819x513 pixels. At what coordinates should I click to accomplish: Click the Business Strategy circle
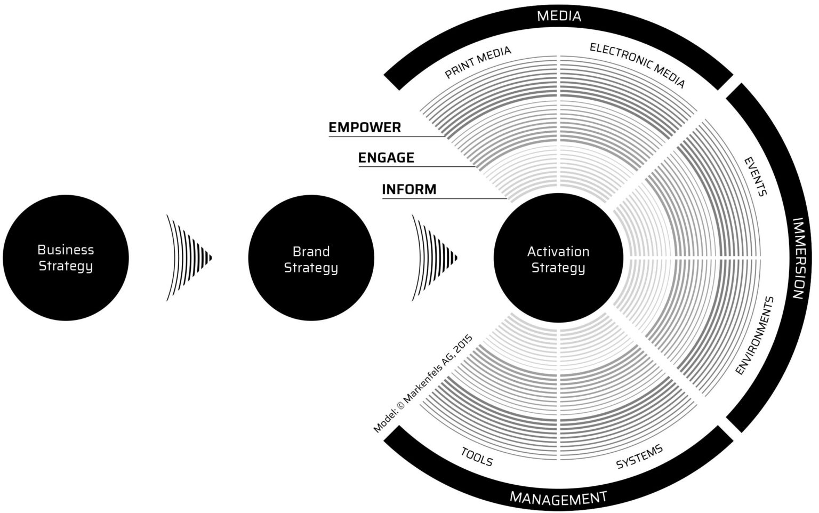66,258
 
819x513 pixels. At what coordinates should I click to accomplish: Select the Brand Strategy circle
311,258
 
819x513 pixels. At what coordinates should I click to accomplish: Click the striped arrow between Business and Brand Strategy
188,258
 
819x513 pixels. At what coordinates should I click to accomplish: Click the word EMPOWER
365,127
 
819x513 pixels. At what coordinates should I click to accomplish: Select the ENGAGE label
386,158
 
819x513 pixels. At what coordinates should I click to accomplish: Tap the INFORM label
409,189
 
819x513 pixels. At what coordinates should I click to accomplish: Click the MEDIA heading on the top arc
559,16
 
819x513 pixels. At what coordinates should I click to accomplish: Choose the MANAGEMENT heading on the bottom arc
558,498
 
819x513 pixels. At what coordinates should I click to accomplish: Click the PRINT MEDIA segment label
478,62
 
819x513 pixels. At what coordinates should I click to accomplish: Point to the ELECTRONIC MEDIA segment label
637,65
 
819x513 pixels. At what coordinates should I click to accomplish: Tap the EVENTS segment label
755,177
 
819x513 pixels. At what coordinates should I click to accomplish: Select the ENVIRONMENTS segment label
754,336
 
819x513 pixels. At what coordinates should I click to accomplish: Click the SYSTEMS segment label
639,456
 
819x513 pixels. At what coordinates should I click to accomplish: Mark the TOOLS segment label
477,456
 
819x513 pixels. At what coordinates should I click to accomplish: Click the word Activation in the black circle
558,251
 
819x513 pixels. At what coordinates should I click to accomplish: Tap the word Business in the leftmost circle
66,250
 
